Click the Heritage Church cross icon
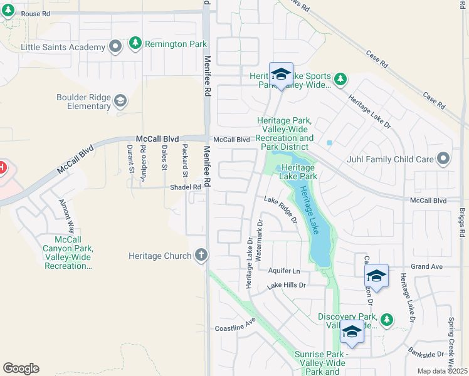(x=201, y=255)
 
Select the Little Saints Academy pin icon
(x=115, y=47)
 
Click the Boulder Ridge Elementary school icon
(x=120, y=101)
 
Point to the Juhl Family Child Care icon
(x=444, y=159)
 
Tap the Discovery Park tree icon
(x=387, y=320)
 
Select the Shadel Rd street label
(x=185, y=187)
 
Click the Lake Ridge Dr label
(x=280, y=209)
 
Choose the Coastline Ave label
(x=236, y=325)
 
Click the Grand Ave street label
(x=426, y=266)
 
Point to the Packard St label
(x=185, y=158)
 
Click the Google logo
(x=21, y=368)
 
